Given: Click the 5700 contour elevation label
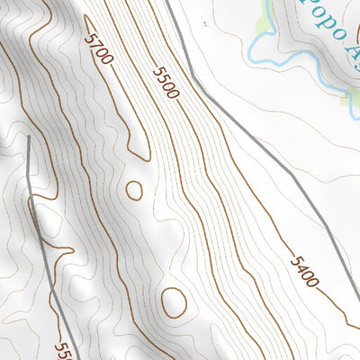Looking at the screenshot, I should click(99, 49).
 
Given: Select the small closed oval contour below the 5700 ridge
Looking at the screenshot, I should click(134, 190).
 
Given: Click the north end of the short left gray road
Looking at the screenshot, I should click(29, 139).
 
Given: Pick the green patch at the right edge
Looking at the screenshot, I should click(353, 99).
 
